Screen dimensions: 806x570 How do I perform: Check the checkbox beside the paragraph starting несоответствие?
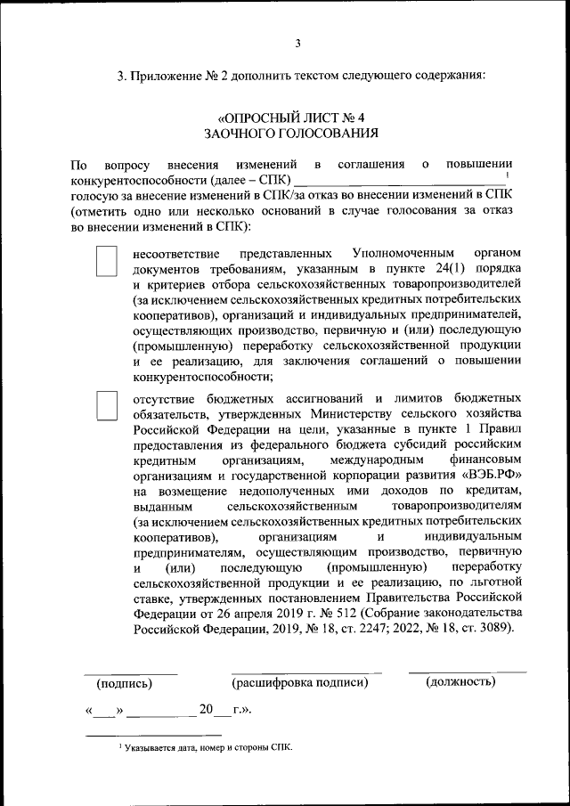tap(106, 260)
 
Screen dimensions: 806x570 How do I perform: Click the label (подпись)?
tap(124, 684)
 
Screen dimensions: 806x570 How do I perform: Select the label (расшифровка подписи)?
tap(299, 683)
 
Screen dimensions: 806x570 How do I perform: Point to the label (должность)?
tap(460, 682)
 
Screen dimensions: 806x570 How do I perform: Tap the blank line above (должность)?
tap(467, 671)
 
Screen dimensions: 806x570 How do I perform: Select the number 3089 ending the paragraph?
tap(493, 629)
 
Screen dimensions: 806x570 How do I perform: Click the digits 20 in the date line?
tap(207, 710)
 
